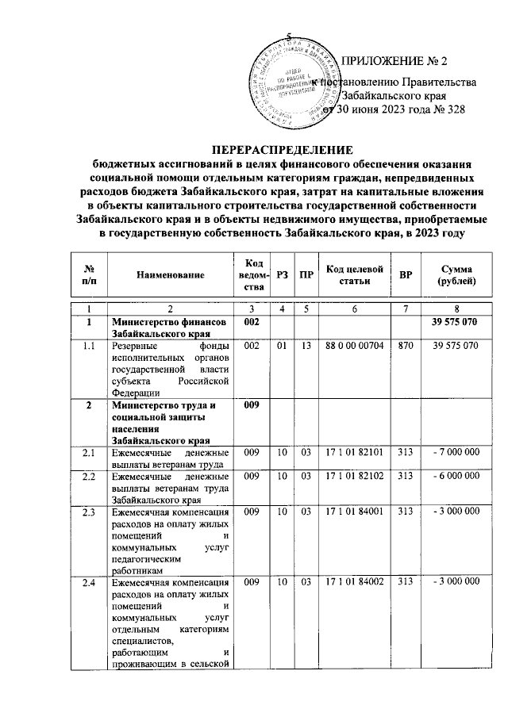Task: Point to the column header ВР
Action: coord(406,274)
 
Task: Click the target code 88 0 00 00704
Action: coord(354,347)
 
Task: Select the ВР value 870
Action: coord(406,347)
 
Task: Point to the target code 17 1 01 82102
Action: coord(354,475)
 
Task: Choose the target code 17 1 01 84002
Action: coord(354,583)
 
